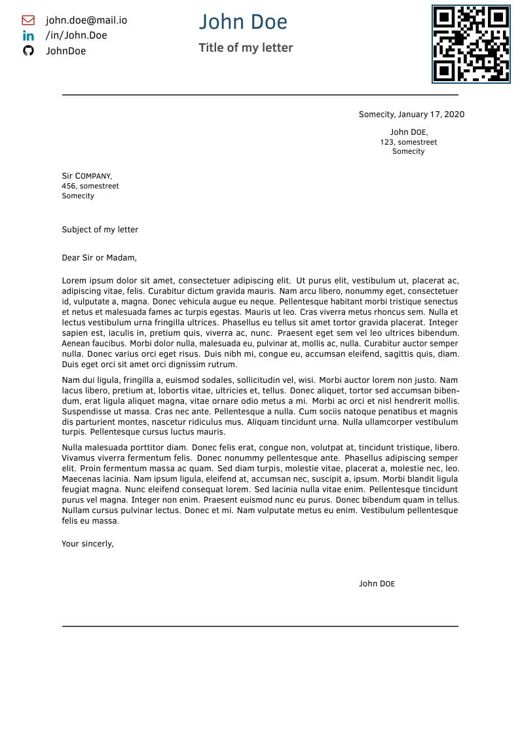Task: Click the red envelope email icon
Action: pyautogui.click(x=28, y=20)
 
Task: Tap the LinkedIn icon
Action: pyautogui.click(x=28, y=35)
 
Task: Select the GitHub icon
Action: pyautogui.click(x=28, y=50)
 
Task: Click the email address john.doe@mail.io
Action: pyautogui.click(x=86, y=20)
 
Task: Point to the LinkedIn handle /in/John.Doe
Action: pyautogui.click(x=76, y=35)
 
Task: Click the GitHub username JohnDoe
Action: pyautogui.click(x=65, y=51)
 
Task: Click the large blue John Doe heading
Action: pyautogui.click(x=243, y=22)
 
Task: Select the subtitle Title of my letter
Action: pyautogui.click(x=246, y=48)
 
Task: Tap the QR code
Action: pyautogui.click(x=471, y=44)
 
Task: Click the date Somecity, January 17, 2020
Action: pyautogui.click(x=411, y=115)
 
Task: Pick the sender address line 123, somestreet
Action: pyautogui.click(x=408, y=142)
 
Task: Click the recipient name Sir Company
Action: pyautogui.click(x=86, y=176)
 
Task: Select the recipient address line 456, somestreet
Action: pyautogui.click(x=90, y=186)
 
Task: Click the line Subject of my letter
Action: pyautogui.click(x=100, y=230)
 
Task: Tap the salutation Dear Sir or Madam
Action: pyautogui.click(x=99, y=258)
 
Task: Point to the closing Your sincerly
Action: pyautogui.click(x=88, y=544)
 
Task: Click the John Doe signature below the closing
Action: pyautogui.click(x=377, y=584)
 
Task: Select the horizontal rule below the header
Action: pyautogui.click(x=260, y=95)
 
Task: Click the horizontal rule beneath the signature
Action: pyautogui.click(x=260, y=626)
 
